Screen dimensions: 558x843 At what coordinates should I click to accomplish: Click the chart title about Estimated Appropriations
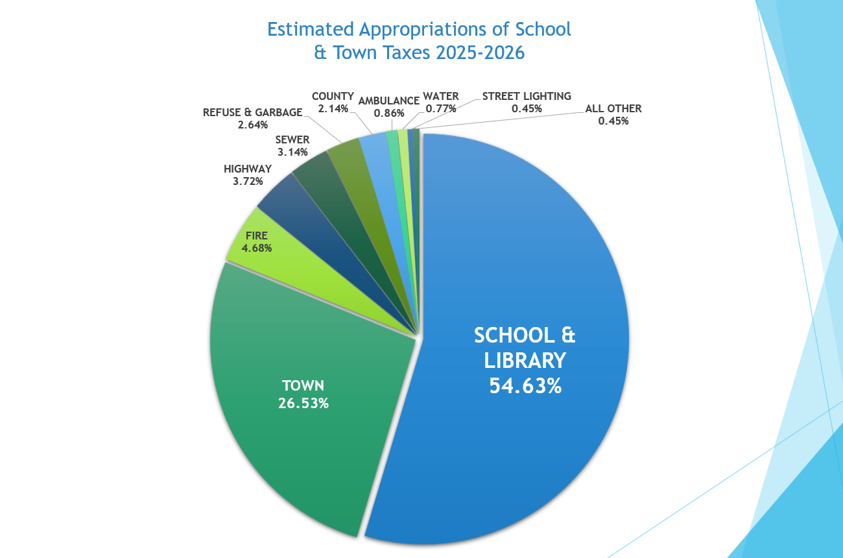click(x=419, y=40)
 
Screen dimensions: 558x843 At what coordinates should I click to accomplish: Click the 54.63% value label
click(x=525, y=385)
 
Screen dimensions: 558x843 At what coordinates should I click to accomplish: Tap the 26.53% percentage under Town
click(x=303, y=403)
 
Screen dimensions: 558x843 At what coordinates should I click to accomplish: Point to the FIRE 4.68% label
click(x=256, y=242)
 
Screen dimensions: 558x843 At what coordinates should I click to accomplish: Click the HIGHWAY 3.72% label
click(x=248, y=175)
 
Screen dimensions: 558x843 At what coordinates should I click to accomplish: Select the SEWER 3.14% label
click(x=292, y=146)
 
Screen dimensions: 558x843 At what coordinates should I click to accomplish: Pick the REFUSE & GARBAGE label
click(x=252, y=112)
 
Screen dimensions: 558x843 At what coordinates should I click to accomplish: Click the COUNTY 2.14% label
click(x=333, y=102)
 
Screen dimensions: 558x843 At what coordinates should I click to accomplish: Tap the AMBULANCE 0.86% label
click(x=388, y=106)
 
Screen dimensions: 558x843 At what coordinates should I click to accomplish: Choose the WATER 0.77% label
click(x=440, y=102)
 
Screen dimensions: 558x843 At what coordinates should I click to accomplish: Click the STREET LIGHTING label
click(x=527, y=96)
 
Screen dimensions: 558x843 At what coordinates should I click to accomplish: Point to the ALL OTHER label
click(x=613, y=108)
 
